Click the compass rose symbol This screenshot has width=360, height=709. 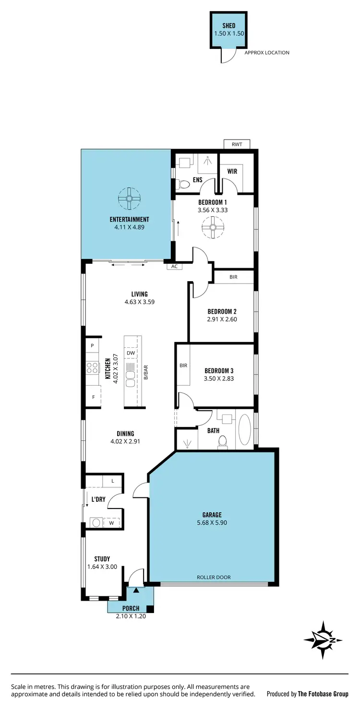(324, 639)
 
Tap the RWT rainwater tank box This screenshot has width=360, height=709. (237, 143)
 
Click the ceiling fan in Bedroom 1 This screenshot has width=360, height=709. (213, 227)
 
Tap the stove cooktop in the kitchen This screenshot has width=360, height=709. (92, 368)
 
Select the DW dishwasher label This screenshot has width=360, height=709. (131, 353)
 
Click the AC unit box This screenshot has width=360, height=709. (174, 266)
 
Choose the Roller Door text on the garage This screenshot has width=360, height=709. (214, 577)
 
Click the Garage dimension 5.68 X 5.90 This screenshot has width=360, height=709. (211, 522)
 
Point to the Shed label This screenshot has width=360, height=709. (229, 25)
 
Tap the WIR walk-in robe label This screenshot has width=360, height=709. (232, 171)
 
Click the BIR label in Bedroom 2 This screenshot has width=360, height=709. (233, 277)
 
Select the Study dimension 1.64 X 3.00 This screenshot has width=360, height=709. (102, 567)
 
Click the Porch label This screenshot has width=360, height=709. (131, 608)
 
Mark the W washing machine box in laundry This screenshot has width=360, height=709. (111, 523)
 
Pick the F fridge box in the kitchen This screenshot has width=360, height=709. (93, 397)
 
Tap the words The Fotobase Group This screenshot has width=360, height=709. (323, 694)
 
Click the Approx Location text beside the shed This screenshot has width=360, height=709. (267, 53)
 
